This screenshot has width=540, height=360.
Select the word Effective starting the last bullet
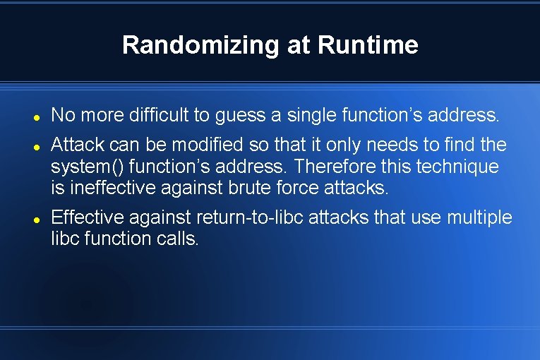[88, 217]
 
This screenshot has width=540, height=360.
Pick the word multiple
[479, 218]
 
